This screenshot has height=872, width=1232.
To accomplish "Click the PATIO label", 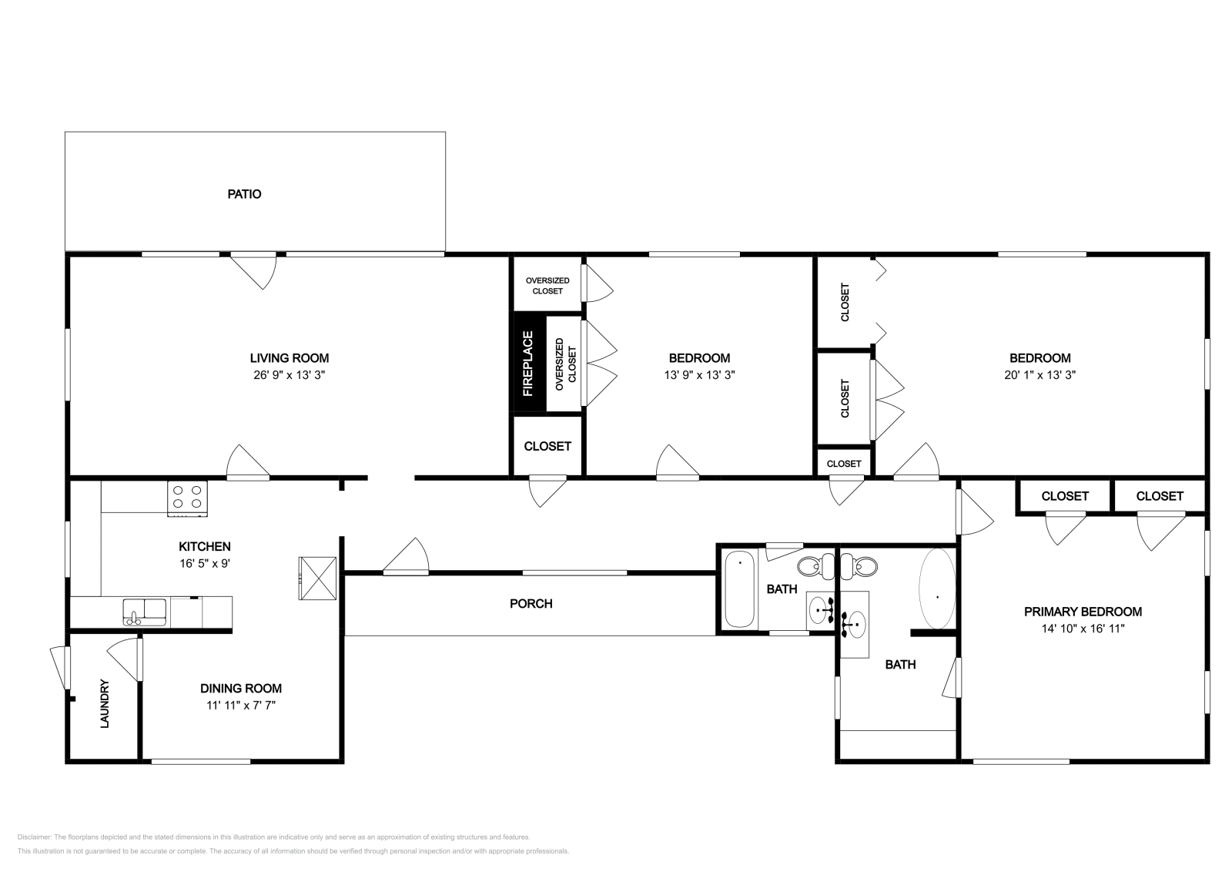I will click(x=244, y=194).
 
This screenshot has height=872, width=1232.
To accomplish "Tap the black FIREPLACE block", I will click(x=528, y=364).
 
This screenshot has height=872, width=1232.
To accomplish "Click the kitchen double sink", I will click(x=144, y=612).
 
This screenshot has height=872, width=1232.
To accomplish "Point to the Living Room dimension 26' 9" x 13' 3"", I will click(x=289, y=375).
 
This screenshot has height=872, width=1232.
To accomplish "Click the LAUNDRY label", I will click(x=105, y=703).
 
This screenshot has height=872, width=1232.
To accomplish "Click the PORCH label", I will click(x=531, y=604).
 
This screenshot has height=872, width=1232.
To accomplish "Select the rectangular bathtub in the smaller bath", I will click(x=740, y=589).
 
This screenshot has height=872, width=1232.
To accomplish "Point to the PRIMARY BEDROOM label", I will click(x=1082, y=612).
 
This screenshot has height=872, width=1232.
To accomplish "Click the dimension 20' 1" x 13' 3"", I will click(x=1039, y=375).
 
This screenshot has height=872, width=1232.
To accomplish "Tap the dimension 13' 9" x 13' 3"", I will click(x=699, y=375).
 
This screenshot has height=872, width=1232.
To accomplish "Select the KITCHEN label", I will click(x=205, y=546).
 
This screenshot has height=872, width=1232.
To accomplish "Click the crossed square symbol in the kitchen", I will click(x=318, y=578).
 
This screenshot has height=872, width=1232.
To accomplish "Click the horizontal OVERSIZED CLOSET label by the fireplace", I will click(x=547, y=286).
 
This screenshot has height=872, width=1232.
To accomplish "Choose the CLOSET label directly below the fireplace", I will click(x=547, y=446).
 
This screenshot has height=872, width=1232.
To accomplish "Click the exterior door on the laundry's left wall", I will click(x=58, y=667).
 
